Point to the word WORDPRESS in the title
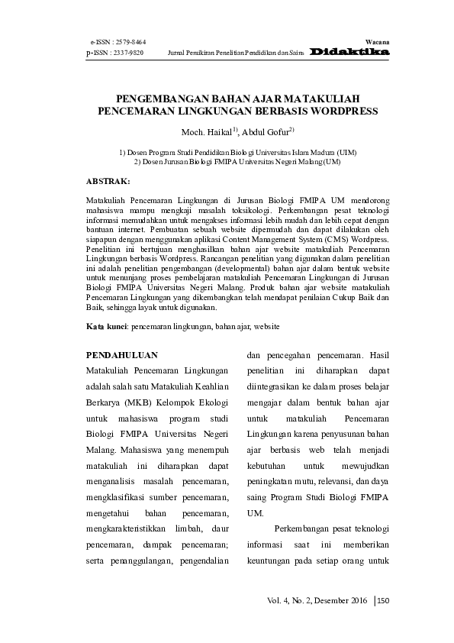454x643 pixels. [x=338, y=111]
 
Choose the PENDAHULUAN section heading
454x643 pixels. [x=122, y=355]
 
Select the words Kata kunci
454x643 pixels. [x=106, y=326]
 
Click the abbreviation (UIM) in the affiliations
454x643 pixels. [x=342, y=153]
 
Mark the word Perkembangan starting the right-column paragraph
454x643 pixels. [x=301, y=529]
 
